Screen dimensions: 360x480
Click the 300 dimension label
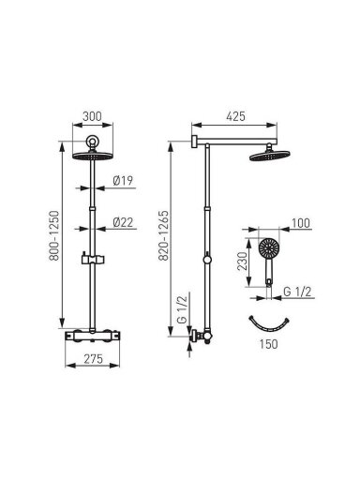(x=92, y=116)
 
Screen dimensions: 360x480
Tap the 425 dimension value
(x=235, y=116)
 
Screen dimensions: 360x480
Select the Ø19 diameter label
(x=123, y=181)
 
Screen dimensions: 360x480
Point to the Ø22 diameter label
(x=123, y=222)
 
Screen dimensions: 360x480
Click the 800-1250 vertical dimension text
(x=54, y=235)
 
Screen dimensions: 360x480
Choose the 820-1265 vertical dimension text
(x=163, y=235)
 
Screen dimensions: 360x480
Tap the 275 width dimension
(x=93, y=359)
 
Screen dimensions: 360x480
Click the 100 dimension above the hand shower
(x=301, y=223)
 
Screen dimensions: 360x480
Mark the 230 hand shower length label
(x=242, y=261)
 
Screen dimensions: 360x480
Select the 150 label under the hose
(x=268, y=344)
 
